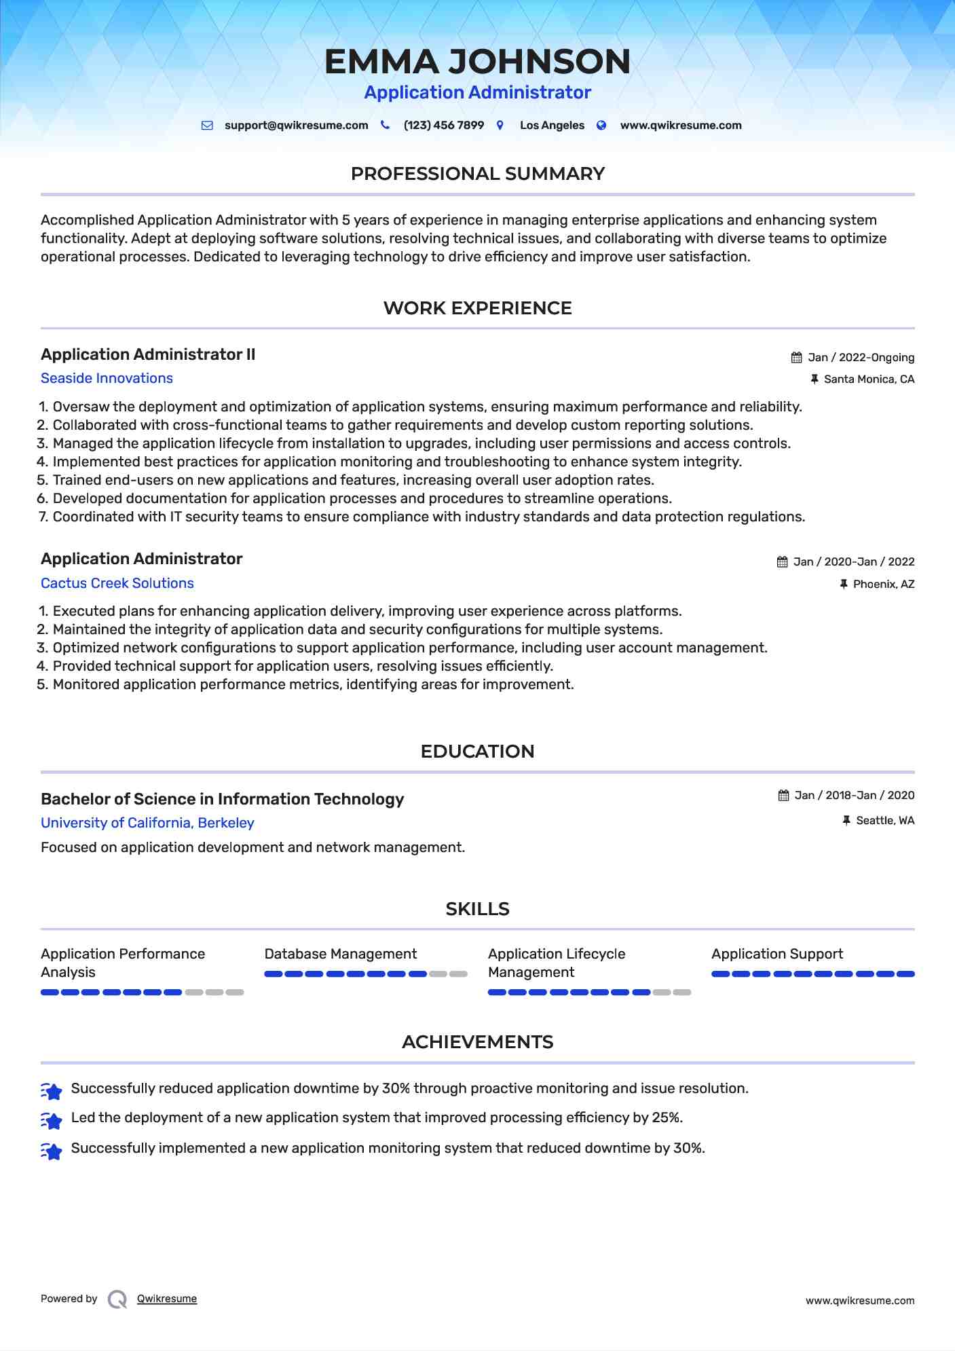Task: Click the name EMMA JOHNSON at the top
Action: pyautogui.click(x=477, y=62)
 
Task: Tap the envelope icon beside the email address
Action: pyautogui.click(x=207, y=126)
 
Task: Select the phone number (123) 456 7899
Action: pyautogui.click(x=443, y=126)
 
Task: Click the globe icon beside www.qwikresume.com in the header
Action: pyautogui.click(x=601, y=126)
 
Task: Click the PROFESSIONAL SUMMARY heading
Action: pyautogui.click(x=477, y=174)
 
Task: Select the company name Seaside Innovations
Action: pyautogui.click(x=107, y=378)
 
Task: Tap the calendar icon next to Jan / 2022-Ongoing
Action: pyautogui.click(x=796, y=358)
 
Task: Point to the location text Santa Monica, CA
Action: pyautogui.click(x=869, y=380)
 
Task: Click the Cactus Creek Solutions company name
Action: pyautogui.click(x=117, y=583)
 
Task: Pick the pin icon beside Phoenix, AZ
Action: pyautogui.click(x=844, y=584)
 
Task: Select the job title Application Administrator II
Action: pyautogui.click(x=148, y=354)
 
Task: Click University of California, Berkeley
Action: pyautogui.click(x=147, y=823)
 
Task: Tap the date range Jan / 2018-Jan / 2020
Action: pyautogui.click(x=854, y=795)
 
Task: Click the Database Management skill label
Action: pyautogui.click(x=340, y=954)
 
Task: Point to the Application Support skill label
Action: pyautogui.click(x=777, y=954)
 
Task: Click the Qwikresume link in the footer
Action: pyautogui.click(x=167, y=1299)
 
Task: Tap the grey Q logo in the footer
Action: pyautogui.click(x=117, y=1299)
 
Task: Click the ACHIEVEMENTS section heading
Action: pyautogui.click(x=477, y=1042)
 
